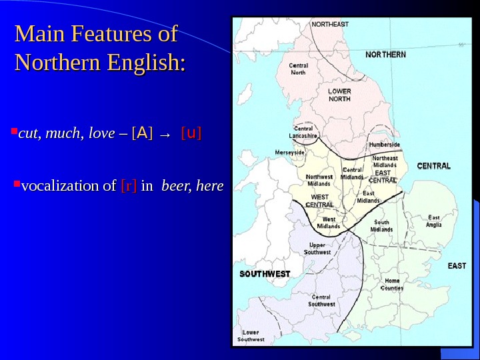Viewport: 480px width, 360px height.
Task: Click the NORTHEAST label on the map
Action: (x=331, y=25)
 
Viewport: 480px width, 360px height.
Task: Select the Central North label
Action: (x=299, y=69)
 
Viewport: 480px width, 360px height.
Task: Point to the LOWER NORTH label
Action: (x=339, y=95)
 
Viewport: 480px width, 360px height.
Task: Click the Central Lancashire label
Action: (x=303, y=132)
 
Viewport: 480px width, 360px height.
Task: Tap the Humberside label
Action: (x=385, y=144)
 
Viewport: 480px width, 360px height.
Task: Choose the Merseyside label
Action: (x=289, y=152)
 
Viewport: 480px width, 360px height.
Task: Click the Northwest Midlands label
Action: (x=319, y=180)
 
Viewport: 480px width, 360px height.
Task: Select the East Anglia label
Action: (x=434, y=221)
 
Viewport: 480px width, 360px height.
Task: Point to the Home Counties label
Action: (x=392, y=285)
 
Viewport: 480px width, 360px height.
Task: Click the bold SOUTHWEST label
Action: (x=265, y=274)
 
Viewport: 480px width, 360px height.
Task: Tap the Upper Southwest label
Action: (x=317, y=249)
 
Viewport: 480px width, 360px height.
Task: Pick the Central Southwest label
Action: (x=321, y=301)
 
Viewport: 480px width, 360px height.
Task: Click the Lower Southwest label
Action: (x=252, y=335)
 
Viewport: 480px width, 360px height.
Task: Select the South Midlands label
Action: (x=382, y=225)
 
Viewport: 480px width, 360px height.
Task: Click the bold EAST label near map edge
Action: (x=457, y=266)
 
